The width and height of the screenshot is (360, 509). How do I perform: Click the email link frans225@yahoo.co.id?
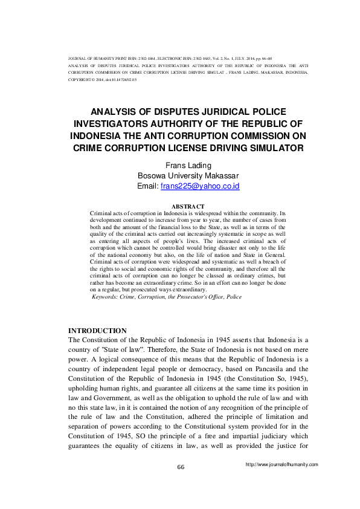coord(200,186)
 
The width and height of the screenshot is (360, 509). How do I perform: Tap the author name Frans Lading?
coord(180,164)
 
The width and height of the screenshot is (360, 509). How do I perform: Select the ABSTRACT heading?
coord(180,207)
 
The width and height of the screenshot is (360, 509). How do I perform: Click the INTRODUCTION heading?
coord(97,331)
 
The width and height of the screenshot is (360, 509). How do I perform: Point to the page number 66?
coord(180,467)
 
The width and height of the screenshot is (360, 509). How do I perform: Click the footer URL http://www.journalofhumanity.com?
coord(281,464)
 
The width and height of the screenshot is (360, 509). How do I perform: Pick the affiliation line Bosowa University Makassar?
coord(180,175)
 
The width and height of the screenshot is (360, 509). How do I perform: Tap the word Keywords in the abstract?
coord(108,297)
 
